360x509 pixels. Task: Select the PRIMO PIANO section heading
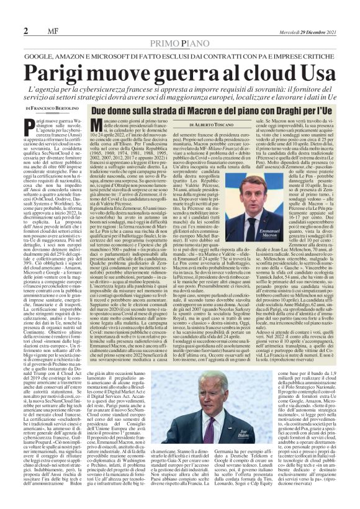pyautogui.click(x=180, y=43)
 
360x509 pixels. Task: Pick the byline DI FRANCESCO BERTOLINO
pyautogui.click(x=52, y=108)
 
